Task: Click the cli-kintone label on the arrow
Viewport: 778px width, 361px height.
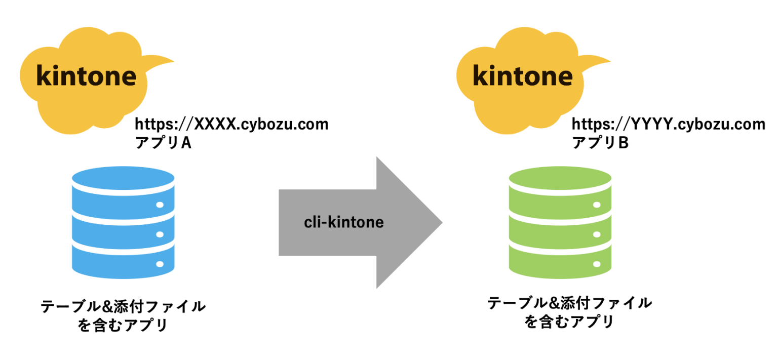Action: coord(343,222)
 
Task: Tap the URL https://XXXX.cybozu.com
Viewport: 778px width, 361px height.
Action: coord(231,124)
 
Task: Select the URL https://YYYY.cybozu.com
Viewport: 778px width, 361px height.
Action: coord(668,124)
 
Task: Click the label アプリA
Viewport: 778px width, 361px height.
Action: coord(163,143)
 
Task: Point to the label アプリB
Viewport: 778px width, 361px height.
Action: coord(600,143)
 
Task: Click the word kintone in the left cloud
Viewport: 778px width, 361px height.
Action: coord(87,77)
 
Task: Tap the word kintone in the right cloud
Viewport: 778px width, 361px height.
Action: coord(523,77)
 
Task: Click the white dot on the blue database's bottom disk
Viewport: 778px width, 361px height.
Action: coord(160,264)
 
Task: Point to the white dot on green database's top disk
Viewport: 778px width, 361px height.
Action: coord(597,205)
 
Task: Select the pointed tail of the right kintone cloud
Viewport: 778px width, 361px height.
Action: coord(607,62)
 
